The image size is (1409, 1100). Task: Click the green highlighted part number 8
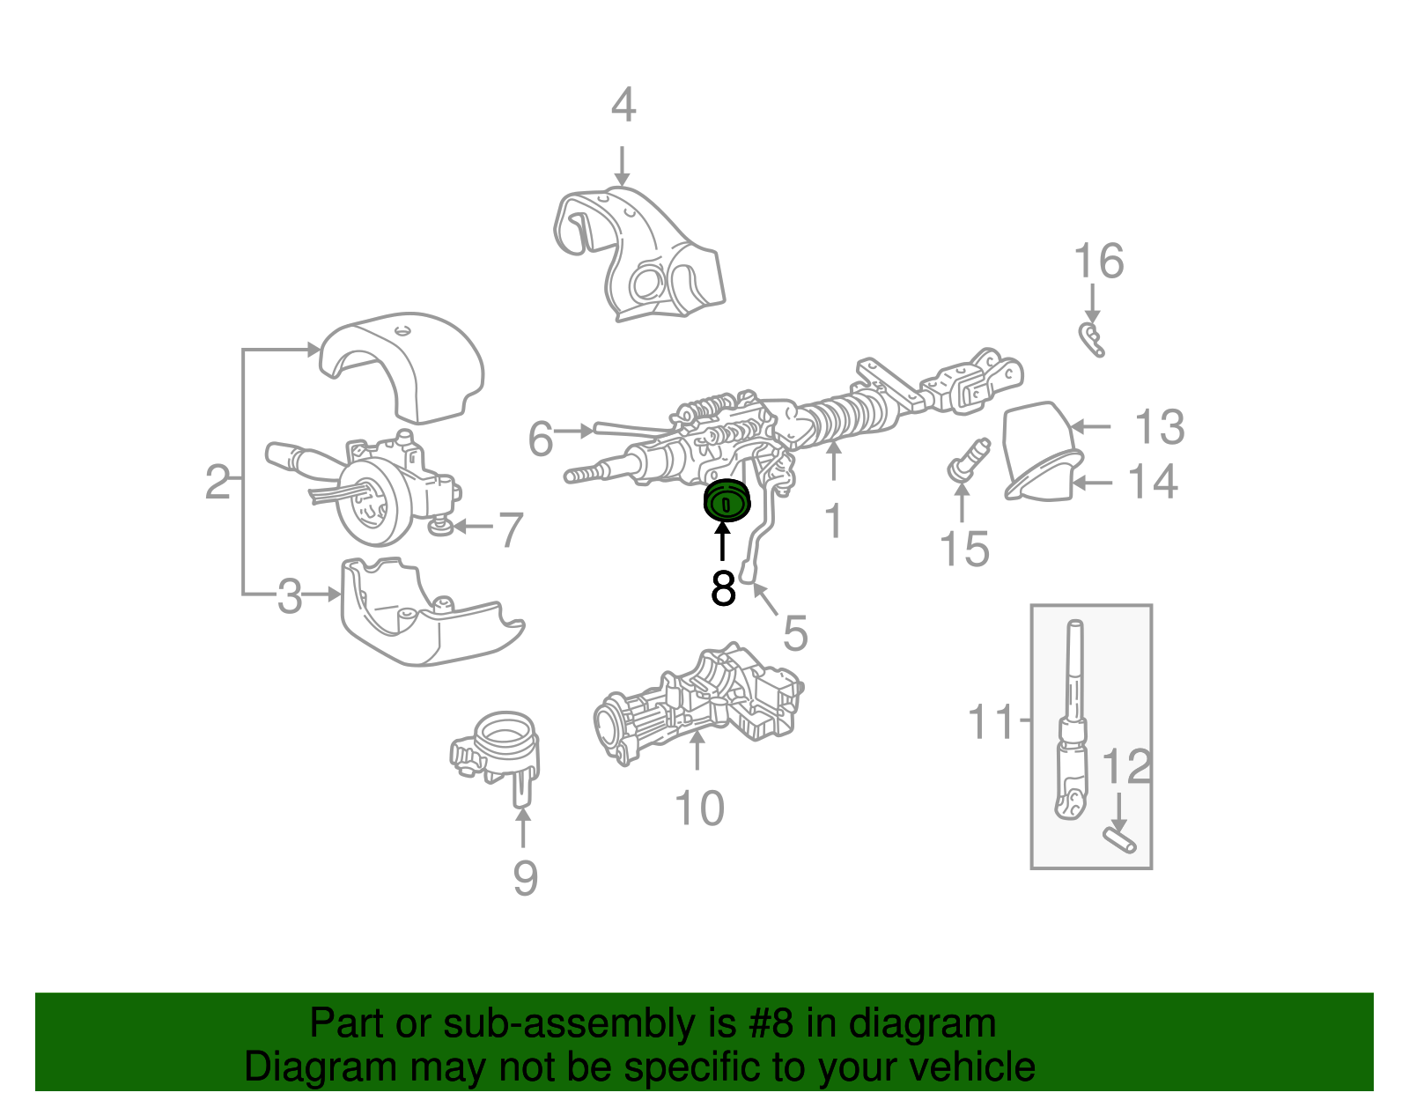[726, 502]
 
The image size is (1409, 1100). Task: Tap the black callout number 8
[723, 588]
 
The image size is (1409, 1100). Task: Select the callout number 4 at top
[623, 106]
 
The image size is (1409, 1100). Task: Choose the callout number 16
[1098, 262]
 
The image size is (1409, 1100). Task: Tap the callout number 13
[1159, 427]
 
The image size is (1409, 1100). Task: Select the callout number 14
[1153, 482]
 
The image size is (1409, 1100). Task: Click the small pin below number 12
[1119, 838]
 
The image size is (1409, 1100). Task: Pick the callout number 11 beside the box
[991, 721]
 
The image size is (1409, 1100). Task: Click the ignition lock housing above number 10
[700, 705]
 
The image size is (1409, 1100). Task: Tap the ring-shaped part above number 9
[498, 744]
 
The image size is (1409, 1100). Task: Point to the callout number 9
[525, 877]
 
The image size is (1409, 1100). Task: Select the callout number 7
[511, 530]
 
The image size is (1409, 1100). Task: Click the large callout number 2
[218, 483]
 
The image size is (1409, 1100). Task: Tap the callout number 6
[541, 439]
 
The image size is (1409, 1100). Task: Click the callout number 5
[794, 633]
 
